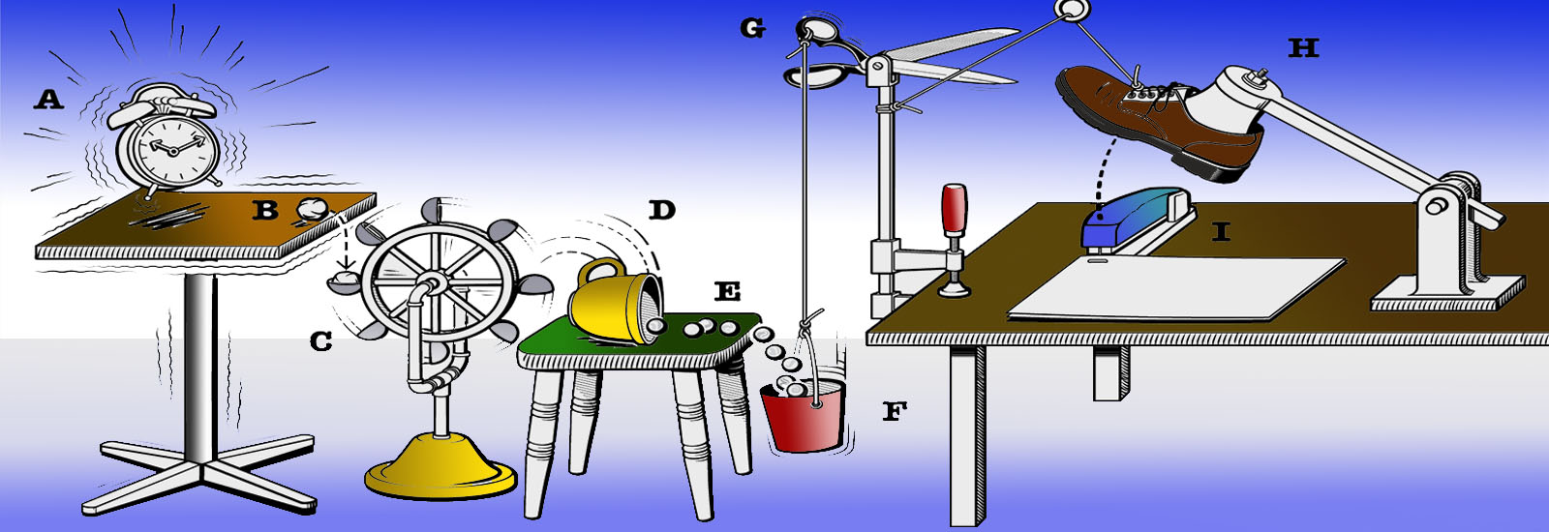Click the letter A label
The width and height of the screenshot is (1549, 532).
pos(48,100)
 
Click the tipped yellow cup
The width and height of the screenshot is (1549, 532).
pos(614,304)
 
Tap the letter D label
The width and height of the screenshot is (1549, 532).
pos(661,210)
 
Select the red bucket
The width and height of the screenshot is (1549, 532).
pos(804,417)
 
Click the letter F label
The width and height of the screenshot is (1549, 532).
pos(895,412)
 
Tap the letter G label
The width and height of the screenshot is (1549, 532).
pos(752,29)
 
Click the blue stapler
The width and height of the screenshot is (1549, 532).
pos(1138,218)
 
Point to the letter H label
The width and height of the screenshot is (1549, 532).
pos(1303,47)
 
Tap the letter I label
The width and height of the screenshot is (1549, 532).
pos(1221,231)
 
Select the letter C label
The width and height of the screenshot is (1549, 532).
pos(320,341)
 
